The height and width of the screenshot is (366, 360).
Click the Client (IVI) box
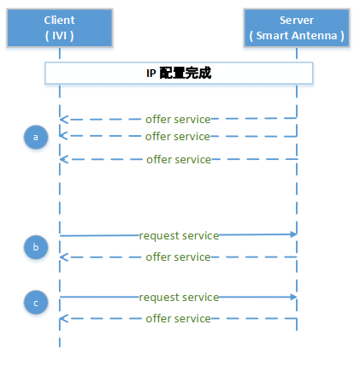click(x=60, y=28)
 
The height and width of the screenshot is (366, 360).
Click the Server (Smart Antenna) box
click(x=297, y=28)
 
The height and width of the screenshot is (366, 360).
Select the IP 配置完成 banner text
click(x=179, y=73)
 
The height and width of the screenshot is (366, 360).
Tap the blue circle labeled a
click(x=36, y=137)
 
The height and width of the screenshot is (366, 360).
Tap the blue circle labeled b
click(x=36, y=247)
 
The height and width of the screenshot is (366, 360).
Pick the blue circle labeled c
click(x=36, y=303)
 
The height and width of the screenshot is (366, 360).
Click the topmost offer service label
click(x=178, y=120)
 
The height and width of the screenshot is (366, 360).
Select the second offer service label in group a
click(x=178, y=137)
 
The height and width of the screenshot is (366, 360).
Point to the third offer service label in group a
click(x=179, y=160)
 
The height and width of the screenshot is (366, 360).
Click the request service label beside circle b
click(x=179, y=236)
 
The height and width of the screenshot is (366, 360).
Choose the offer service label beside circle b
click(x=178, y=257)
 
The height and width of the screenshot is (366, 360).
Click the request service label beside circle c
click(x=179, y=298)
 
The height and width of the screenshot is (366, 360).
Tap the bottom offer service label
click(x=178, y=319)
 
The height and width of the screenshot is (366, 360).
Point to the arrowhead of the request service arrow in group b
click(x=294, y=234)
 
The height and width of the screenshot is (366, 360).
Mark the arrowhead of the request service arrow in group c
click(x=294, y=297)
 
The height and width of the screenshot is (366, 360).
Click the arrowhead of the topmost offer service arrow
click(x=62, y=120)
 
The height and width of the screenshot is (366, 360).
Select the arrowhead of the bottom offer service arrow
click(x=62, y=319)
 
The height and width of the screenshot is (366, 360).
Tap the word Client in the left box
click(x=59, y=21)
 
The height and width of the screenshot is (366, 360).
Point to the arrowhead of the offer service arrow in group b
click(x=62, y=257)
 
